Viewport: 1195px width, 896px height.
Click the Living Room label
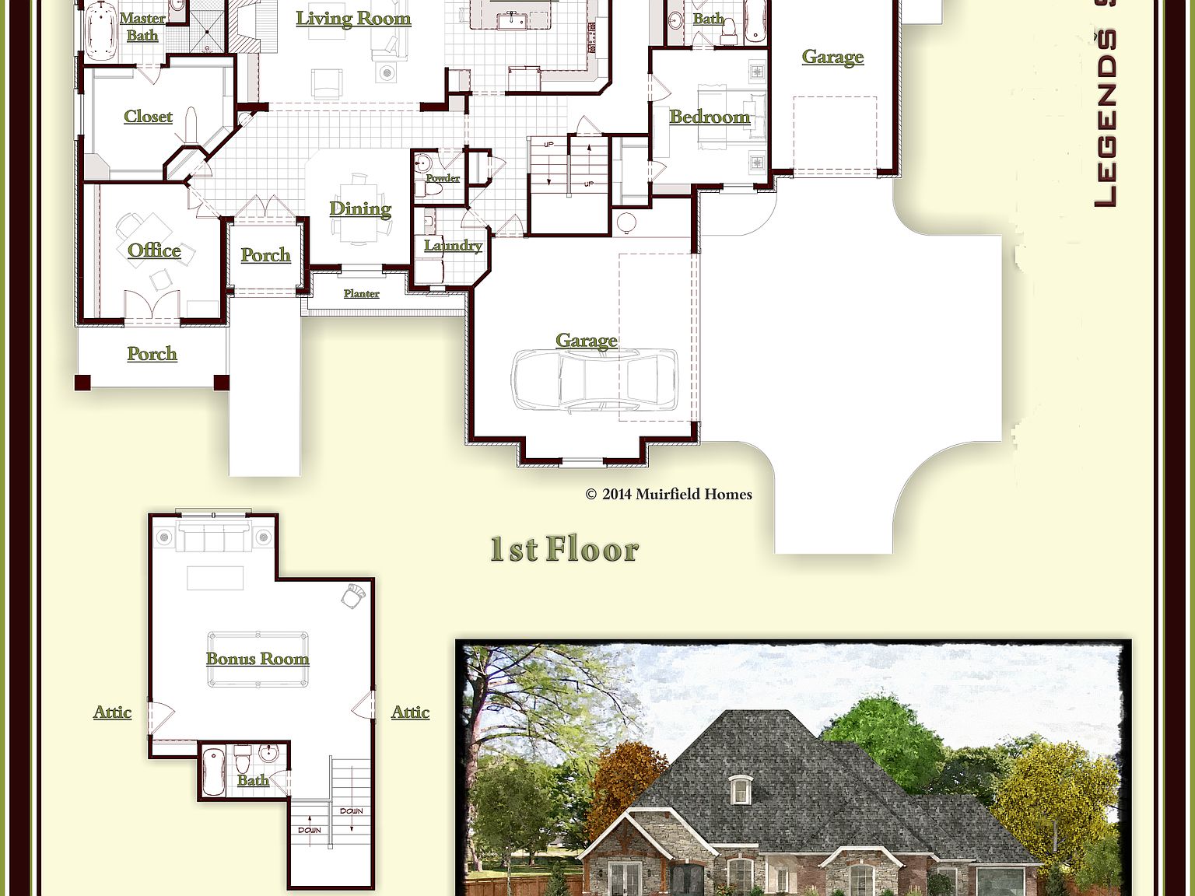(x=353, y=19)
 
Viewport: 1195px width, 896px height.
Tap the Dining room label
(x=359, y=208)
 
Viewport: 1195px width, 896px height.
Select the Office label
(x=154, y=250)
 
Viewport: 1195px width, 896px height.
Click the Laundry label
(x=453, y=246)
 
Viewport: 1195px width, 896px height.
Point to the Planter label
(x=361, y=294)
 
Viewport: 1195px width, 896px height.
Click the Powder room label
(x=443, y=178)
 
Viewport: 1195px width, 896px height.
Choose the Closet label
(x=148, y=117)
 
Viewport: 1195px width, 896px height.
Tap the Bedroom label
(x=710, y=117)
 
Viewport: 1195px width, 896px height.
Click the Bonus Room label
(x=258, y=659)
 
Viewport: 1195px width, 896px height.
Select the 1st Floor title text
(x=564, y=549)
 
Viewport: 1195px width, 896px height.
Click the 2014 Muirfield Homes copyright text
(x=669, y=494)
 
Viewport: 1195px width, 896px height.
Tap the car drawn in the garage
(x=594, y=380)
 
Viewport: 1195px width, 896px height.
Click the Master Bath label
(x=142, y=26)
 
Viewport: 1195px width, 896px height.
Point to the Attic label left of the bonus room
(x=112, y=712)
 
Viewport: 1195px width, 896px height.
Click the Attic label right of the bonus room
(x=410, y=712)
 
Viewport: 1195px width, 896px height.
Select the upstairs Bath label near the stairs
(x=253, y=780)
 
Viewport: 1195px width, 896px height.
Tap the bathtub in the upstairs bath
(x=213, y=772)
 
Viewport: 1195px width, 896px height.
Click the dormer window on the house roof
(x=740, y=790)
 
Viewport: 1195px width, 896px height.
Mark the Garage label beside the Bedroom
(x=832, y=57)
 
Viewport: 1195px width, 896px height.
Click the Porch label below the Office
(x=152, y=354)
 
